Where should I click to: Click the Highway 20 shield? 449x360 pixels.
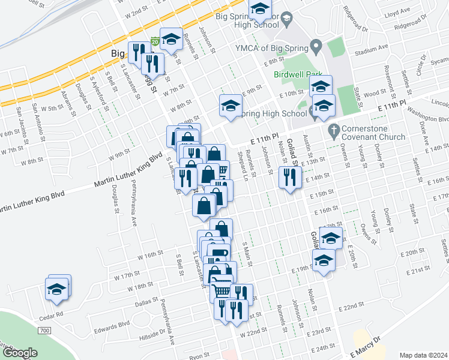155,41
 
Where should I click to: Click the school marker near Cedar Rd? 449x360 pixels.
58,289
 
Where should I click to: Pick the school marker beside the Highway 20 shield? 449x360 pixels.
171,41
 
